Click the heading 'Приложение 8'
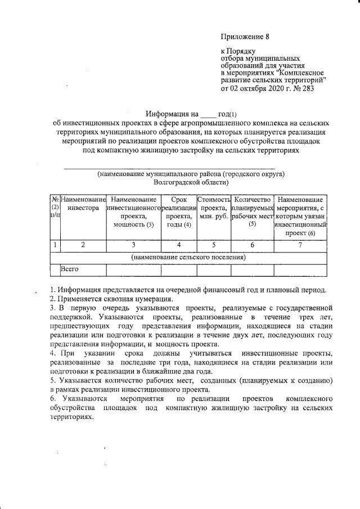pyautogui.click(x=246, y=37)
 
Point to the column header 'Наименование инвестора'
pyautogui.click(x=83, y=204)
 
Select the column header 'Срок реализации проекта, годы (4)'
pyautogui.click(x=178, y=212)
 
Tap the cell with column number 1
pyautogui.click(x=55, y=245)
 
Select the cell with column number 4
pyautogui.click(x=178, y=245)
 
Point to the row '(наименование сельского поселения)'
pyautogui.click(x=188, y=257)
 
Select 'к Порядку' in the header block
pyautogui.click(x=240, y=51)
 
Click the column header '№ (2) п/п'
pyautogui.click(x=55, y=208)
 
